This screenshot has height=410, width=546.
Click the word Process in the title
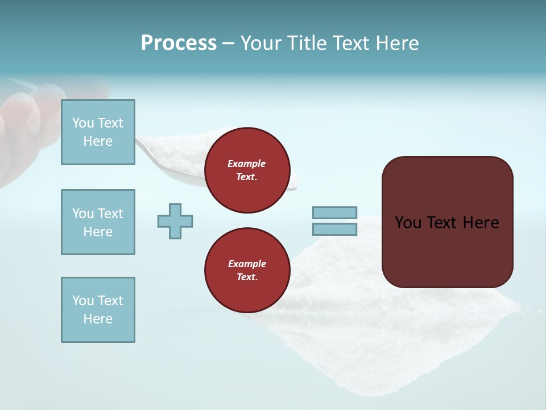coord(179,43)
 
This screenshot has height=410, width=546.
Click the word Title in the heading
coord(306,43)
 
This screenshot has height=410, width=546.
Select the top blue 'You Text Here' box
coord(98,132)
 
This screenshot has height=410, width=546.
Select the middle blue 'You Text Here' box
coord(98,222)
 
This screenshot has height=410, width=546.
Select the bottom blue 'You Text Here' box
coord(98,310)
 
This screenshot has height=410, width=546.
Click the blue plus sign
coord(175,221)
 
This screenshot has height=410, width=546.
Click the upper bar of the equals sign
coord(334,212)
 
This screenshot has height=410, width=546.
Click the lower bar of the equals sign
coord(334,229)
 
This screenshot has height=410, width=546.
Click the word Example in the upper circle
coord(246,163)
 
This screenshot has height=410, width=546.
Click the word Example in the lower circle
coord(247,264)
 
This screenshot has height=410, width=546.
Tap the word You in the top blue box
coord(83,123)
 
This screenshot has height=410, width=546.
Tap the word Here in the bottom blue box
coord(98,319)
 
